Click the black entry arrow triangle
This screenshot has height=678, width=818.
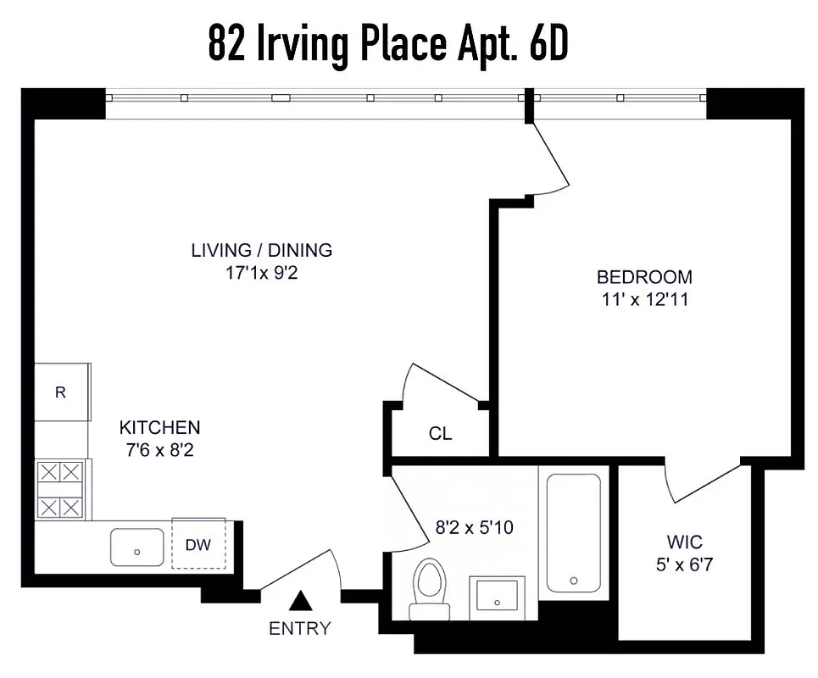299,601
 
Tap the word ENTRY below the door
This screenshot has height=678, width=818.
299,629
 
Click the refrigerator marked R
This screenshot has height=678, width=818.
61,392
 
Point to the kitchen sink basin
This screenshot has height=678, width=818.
137,547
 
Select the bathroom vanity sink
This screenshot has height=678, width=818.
497,597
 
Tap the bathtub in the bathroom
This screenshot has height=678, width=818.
574,532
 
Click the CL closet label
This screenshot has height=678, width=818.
440,434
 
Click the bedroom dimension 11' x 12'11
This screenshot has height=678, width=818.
644,299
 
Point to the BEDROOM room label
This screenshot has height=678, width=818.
644,277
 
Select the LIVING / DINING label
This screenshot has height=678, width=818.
261,250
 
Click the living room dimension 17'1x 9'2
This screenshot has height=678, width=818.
261,273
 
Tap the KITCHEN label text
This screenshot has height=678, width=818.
159,427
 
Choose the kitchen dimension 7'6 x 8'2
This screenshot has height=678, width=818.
159,450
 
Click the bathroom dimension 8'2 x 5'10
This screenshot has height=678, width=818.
475,527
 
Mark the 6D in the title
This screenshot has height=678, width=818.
548,44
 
